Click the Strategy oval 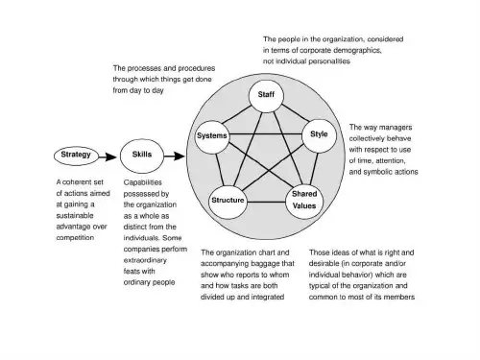click(76, 156)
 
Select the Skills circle click(142, 156)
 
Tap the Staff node click(266, 96)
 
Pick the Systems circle click(212, 137)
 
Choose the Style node click(319, 135)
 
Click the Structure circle click(228, 203)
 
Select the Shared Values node click(304, 202)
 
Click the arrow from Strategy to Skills click(108, 157)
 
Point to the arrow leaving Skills click(175, 156)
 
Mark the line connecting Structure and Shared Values click(266, 202)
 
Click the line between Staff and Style click(296, 113)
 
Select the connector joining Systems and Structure click(219, 170)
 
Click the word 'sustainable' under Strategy click(75, 215)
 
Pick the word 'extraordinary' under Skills click(145, 260)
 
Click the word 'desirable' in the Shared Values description click(324, 263)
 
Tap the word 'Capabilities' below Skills click(143, 182)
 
